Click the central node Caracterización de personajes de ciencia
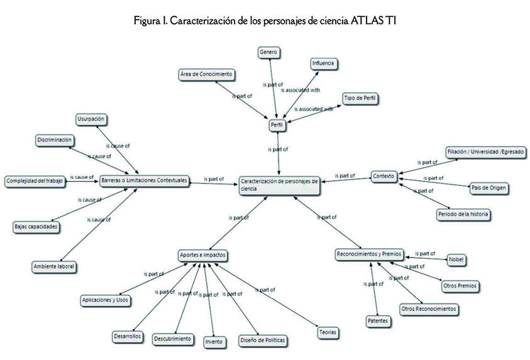click(280, 185)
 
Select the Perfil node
click(277, 126)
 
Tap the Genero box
click(268, 52)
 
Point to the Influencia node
click(325, 63)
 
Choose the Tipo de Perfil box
click(362, 99)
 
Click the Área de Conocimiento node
click(206, 75)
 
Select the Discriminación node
click(55, 139)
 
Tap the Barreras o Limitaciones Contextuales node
click(144, 181)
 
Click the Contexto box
click(383, 176)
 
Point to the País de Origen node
click(489, 187)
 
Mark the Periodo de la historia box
click(463, 214)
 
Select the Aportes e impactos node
click(202, 256)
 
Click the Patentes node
click(377, 321)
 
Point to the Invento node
click(213, 342)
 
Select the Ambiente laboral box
click(54, 266)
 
